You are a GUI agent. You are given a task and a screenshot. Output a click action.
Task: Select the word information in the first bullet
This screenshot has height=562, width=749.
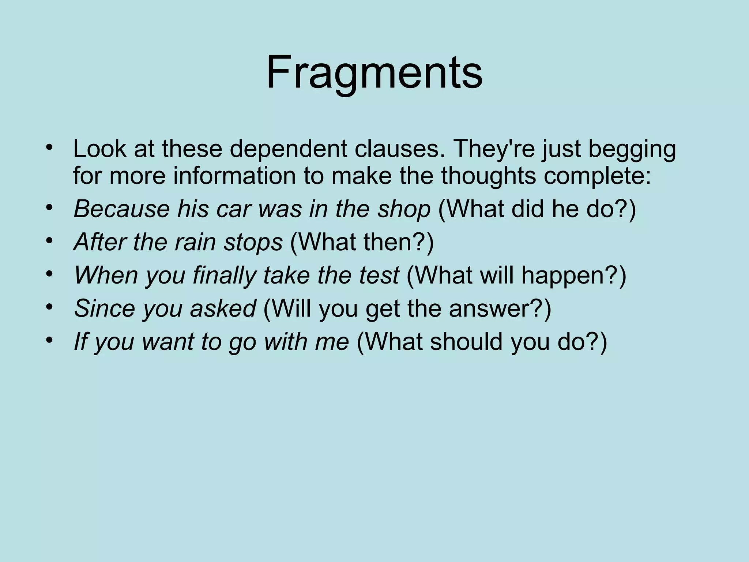tap(234, 176)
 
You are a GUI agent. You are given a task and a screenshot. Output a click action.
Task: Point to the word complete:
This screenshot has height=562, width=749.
tap(597, 176)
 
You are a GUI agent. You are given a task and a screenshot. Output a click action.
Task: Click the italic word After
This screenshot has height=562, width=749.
tap(99, 242)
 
